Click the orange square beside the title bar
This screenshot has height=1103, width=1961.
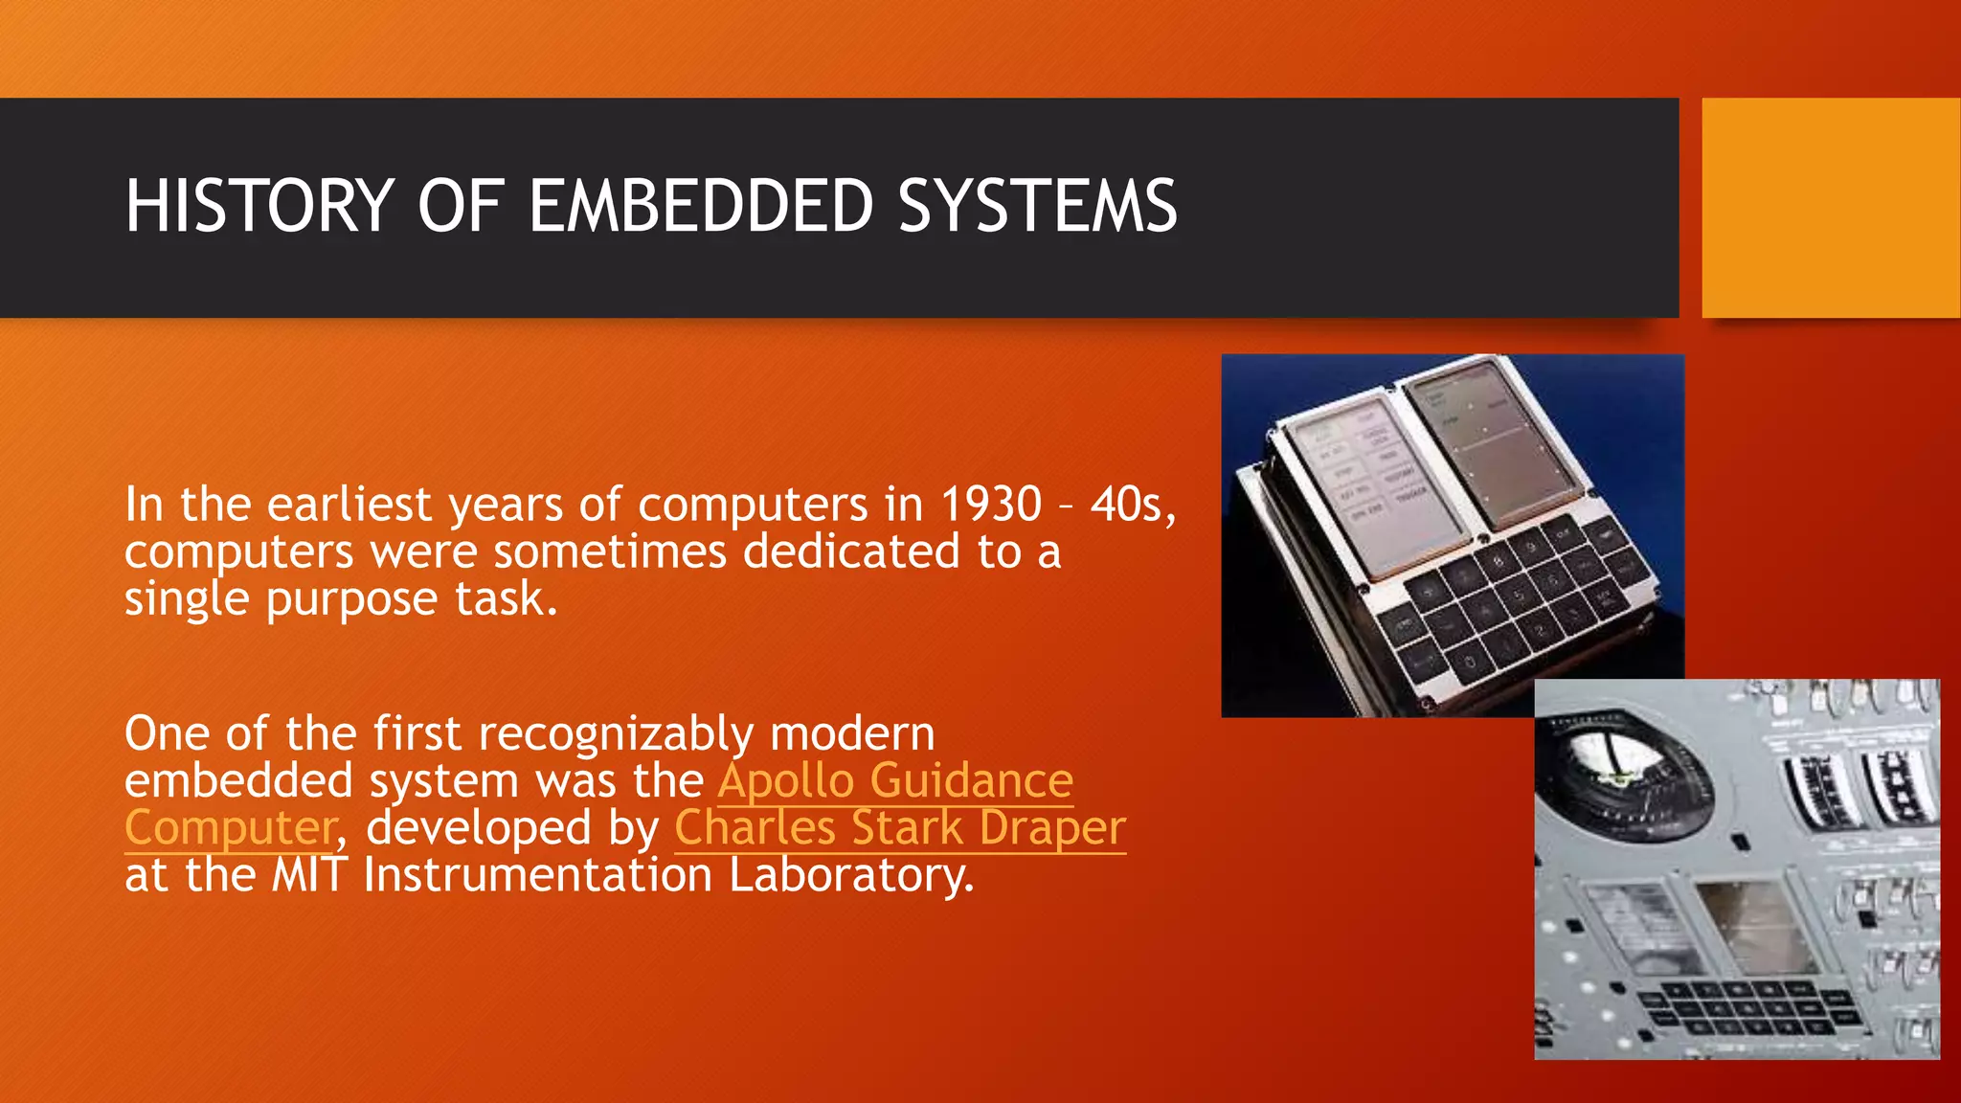pos(1830,208)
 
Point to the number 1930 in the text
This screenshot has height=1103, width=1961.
pos(990,505)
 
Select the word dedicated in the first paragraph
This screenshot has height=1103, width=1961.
pos(851,552)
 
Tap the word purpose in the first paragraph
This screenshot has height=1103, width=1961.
pos(351,600)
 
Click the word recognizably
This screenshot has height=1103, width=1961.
pos(616,734)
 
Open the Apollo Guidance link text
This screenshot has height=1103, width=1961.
pos(895,780)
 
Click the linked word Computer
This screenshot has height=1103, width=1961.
pos(231,828)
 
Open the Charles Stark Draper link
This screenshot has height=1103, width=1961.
pos(899,828)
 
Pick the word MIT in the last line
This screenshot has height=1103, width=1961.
pos(308,875)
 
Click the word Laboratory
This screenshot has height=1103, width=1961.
pos(851,875)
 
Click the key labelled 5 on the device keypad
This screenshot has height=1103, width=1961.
pos(1517,597)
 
